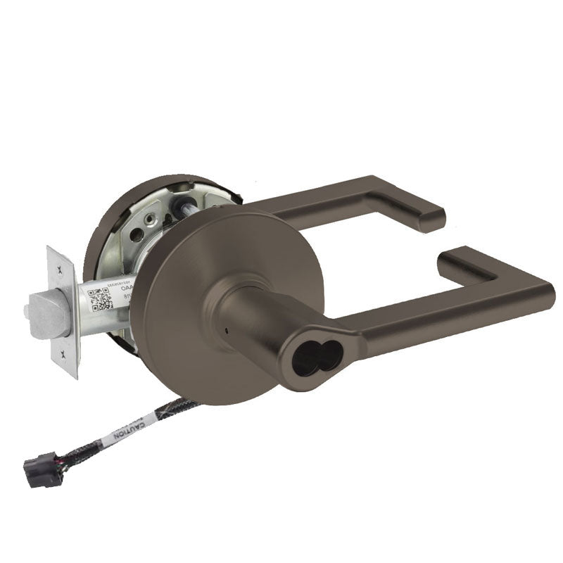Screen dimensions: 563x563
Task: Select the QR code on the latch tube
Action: tap(103, 298)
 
